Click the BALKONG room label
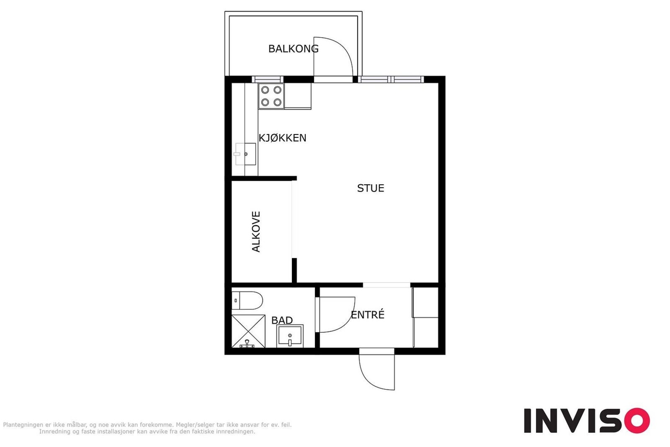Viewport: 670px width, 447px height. click(x=293, y=49)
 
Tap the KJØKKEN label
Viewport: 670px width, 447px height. click(x=282, y=138)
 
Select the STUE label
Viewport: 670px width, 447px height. click(x=371, y=188)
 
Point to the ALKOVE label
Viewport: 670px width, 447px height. click(x=256, y=232)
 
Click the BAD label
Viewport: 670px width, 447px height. click(x=282, y=320)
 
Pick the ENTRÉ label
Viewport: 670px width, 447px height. click(x=367, y=315)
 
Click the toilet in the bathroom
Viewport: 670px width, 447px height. click(x=247, y=300)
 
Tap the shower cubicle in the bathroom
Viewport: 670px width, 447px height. click(x=248, y=331)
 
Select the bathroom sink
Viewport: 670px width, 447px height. click(x=290, y=336)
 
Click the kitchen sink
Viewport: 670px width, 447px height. click(x=245, y=154)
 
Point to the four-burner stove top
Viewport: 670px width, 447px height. click(x=271, y=96)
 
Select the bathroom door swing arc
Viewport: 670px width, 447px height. click(x=348, y=323)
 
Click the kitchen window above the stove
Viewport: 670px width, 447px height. click(x=268, y=79)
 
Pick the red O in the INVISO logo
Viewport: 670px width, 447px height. click(x=637, y=420)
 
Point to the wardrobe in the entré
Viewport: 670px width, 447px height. click(x=425, y=318)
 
